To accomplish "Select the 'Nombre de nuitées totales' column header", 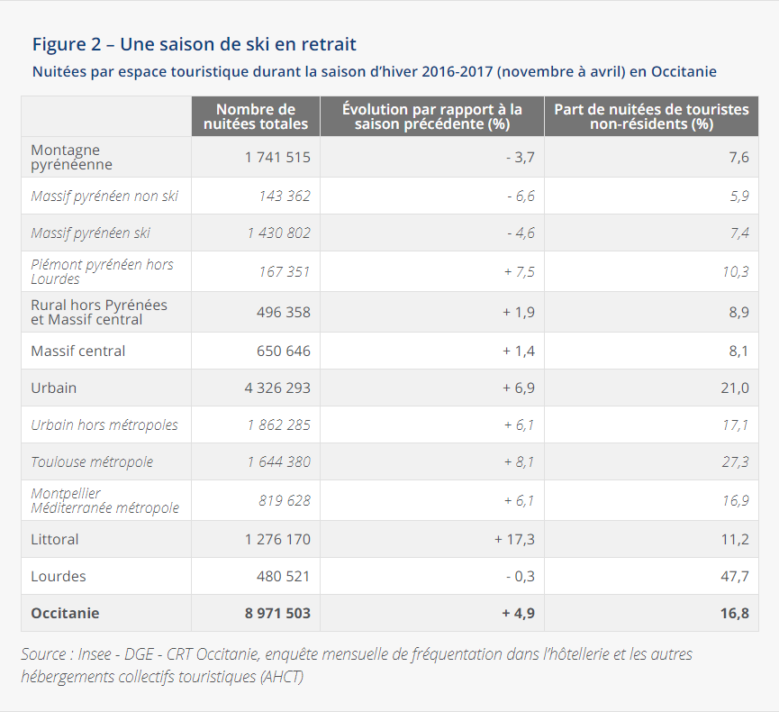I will pyautogui.click(x=256, y=116).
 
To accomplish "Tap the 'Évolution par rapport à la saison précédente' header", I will pyautogui.click(x=432, y=116).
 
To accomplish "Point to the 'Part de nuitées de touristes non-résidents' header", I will pyautogui.click(x=651, y=116).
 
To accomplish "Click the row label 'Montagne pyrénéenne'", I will pyautogui.click(x=72, y=157).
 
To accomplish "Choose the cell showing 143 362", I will pyautogui.click(x=285, y=196).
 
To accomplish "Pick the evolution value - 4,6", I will pyautogui.click(x=520, y=233).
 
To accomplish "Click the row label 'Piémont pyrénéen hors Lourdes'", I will pyautogui.click(x=102, y=271).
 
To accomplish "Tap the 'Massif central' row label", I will pyautogui.click(x=78, y=351).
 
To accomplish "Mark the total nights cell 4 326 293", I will pyautogui.click(x=277, y=388).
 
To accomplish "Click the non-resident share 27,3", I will pyautogui.click(x=736, y=461).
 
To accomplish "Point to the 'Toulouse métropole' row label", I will pyautogui.click(x=92, y=461).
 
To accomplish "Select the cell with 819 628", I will pyautogui.click(x=285, y=500).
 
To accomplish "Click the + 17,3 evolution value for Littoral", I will pyautogui.click(x=514, y=539).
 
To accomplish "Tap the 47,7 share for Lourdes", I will pyautogui.click(x=734, y=576).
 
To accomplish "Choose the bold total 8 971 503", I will pyautogui.click(x=277, y=613).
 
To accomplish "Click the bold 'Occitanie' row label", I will pyautogui.click(x=65, y=613).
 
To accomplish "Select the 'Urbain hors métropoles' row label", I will pyautogui.click(x=104, y=424).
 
